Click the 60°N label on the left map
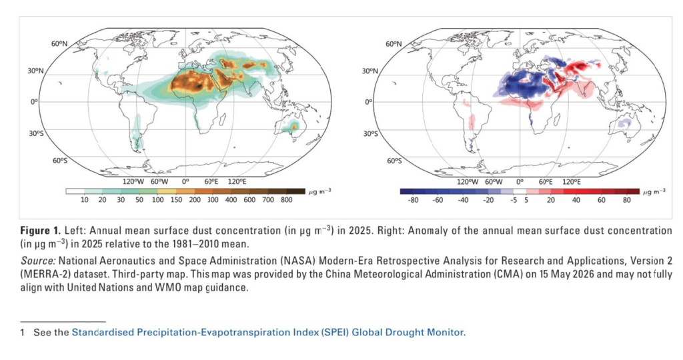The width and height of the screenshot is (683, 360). click(59, 44)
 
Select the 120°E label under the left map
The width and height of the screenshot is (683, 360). click(237, 181)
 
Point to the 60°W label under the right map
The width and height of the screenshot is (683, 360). click(494, 181)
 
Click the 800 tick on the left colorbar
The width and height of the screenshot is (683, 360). click(286, 200)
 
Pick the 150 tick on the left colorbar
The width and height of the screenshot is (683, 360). click(176, 200)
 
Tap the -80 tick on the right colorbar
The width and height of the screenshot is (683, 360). click(412, 200)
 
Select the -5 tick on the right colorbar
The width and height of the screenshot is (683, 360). click(514, 200)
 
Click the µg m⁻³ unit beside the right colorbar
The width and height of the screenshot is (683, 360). click(654, 191)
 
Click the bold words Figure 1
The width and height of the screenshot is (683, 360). click(40, 230)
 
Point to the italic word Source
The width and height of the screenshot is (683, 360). click(38, 261)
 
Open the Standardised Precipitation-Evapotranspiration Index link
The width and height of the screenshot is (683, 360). click(267, 333)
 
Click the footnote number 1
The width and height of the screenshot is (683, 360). click(22, 333)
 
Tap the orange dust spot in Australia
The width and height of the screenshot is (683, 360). click(294, 127)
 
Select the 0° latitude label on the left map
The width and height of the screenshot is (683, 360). click(35, 101)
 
